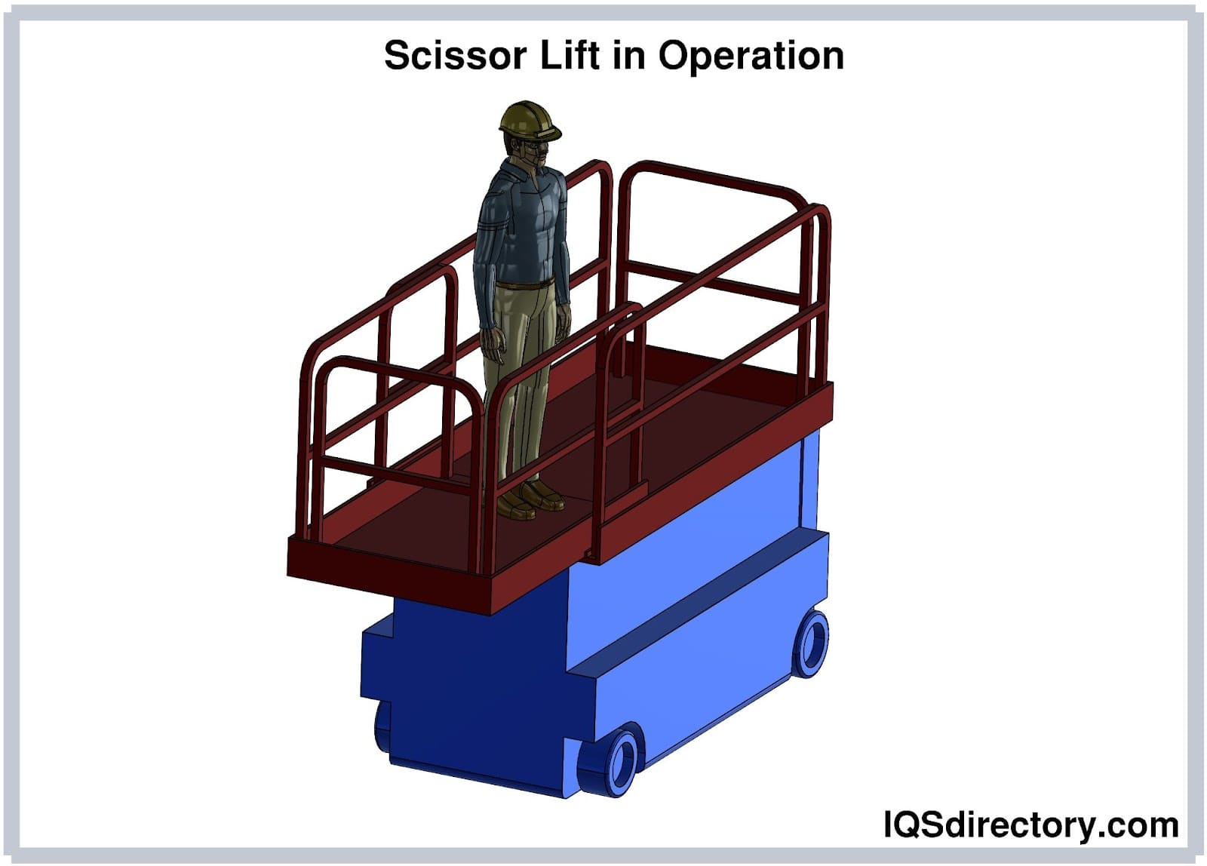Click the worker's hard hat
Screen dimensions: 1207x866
coord(529,121)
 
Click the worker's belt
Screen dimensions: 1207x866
coord(524,283)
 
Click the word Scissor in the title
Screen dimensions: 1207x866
coord(455,56)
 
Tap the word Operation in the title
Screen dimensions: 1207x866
coord(751,57)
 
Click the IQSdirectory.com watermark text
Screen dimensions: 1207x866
coord(1030,825)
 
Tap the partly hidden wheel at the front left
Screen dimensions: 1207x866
coord(382,726)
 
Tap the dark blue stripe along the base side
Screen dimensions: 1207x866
coord(698,602)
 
